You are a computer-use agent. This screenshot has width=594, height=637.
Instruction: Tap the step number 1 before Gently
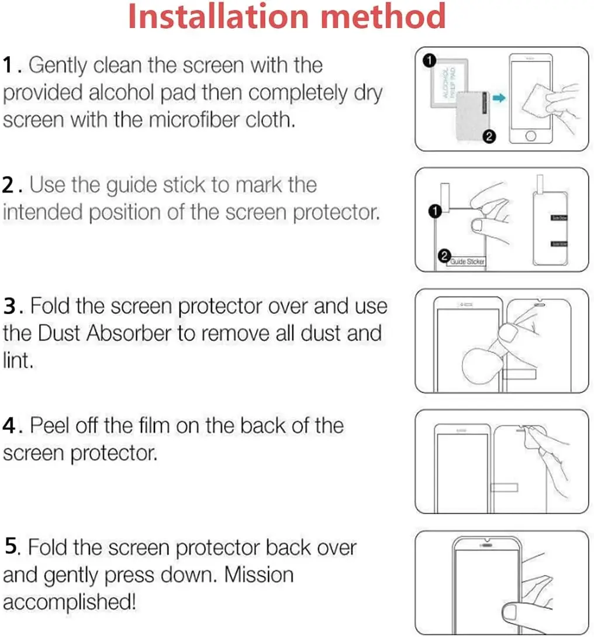[x=11, y=66]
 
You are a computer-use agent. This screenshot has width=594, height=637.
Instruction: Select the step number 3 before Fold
[x=11, y=306]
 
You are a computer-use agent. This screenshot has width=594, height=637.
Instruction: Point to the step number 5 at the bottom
[x=11, y=548]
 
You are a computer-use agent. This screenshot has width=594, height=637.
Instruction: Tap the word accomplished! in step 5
[x=70, y=601]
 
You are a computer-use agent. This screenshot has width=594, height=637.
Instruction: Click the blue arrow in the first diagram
[x=499, y=98]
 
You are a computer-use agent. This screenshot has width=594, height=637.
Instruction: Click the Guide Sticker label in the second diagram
[x=467, y=261]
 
